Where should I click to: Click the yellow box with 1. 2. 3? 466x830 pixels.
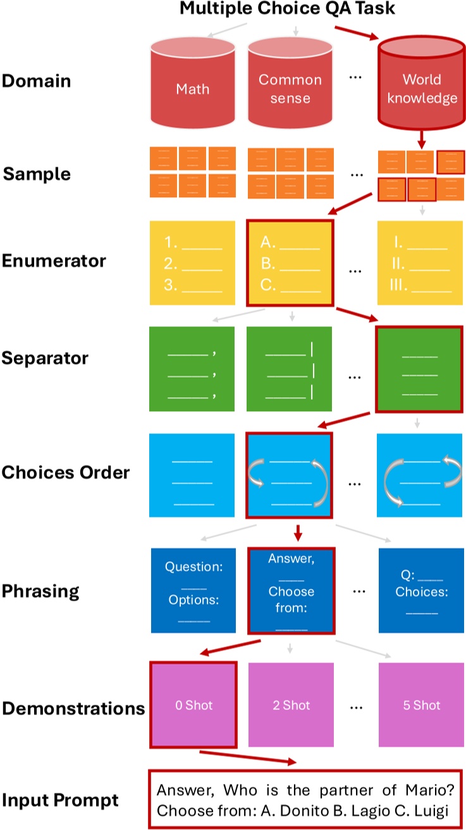point(192,263)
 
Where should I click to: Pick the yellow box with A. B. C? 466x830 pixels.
point(290,263)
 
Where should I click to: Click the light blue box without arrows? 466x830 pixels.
point(192,474)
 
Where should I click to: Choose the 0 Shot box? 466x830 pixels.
point(193,705)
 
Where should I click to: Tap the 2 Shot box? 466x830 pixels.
point(291,705)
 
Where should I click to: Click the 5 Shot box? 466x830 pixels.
point(421,705)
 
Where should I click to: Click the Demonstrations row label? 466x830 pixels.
point(73,708)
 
